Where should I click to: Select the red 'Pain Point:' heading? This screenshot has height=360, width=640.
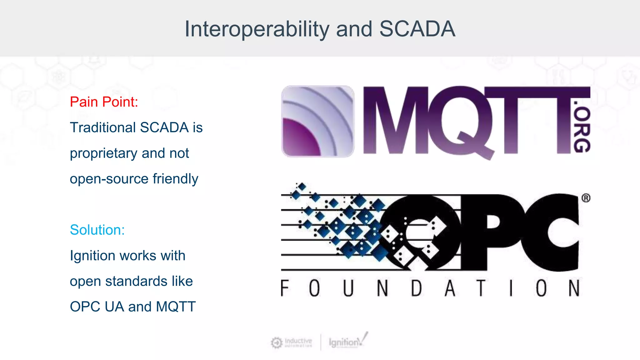(104, 102)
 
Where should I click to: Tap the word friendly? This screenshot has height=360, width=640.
(175, 179)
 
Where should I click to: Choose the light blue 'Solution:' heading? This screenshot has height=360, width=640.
(97, 230)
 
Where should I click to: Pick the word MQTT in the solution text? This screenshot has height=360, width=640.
(176, 307)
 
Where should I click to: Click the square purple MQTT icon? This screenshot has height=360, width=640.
(318, 121)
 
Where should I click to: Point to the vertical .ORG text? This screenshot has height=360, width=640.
(582, 127)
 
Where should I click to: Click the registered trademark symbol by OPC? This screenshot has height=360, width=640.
(586, 198)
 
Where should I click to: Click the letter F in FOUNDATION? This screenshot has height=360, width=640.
(284, 288)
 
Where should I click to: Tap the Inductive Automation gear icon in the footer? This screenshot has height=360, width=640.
(277, 343)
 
